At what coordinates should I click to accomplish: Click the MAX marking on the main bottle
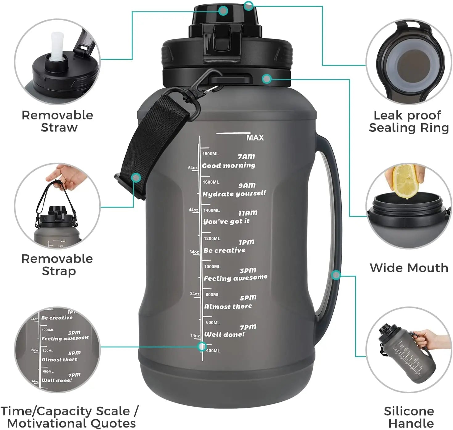point(255,138)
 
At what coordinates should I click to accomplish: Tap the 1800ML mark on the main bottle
point(211,154)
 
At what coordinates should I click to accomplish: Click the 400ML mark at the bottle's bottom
point(213,351)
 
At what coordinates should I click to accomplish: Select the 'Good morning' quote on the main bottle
point(229,165)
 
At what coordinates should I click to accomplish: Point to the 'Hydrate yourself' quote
point(234,194)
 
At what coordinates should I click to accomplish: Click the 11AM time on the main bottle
point(248,213)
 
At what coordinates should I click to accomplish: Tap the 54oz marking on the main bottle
point(193,168)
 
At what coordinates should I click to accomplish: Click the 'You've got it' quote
point(226,221)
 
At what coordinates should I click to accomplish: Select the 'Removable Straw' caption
point(58,121)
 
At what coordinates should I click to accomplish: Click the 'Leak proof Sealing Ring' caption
point(408,121)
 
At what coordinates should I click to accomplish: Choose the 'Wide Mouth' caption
point(409,268)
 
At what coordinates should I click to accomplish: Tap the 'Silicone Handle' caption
point(409,417)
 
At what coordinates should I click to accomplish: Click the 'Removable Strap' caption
point(57,265)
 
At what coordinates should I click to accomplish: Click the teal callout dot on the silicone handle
point(336,275)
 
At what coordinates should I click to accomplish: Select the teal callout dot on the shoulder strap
point(136,177)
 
